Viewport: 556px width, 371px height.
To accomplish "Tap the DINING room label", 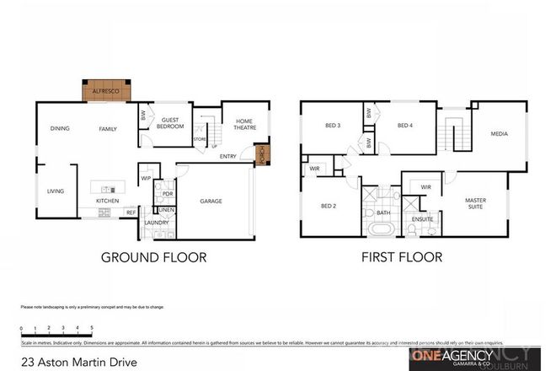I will (x=60, y=129).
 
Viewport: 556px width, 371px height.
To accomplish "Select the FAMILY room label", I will (x=107, y=129).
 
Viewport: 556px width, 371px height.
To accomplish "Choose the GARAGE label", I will (x=211, y=202).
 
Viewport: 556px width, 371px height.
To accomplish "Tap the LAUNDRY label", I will (x=157, y=223).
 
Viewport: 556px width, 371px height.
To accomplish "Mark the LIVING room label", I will (x=56, y=191).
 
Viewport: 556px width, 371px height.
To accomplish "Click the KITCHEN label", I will (x=107, y=202).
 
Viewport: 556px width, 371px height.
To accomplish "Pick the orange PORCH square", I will (x=261, y=154).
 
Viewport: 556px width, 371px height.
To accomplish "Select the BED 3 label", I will (x=333, y=126).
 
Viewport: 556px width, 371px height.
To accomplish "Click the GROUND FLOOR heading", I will (x=153, y=257).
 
